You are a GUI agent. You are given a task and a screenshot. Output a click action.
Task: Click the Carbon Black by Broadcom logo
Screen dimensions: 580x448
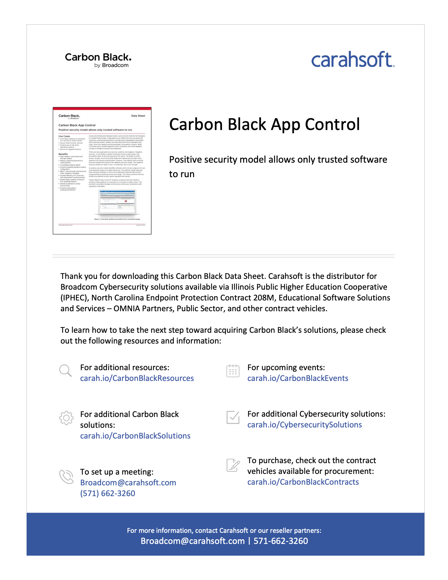point(98,60)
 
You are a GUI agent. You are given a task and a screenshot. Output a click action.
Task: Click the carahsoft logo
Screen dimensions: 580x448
point(353,60)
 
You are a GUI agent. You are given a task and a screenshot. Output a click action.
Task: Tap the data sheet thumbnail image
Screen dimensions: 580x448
point(102,171)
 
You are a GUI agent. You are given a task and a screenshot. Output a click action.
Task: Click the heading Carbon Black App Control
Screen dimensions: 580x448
point(264,124)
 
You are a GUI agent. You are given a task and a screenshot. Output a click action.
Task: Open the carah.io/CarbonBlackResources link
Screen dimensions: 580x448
point(137,378)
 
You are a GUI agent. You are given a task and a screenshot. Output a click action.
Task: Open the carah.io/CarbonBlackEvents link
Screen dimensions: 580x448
point(298,378)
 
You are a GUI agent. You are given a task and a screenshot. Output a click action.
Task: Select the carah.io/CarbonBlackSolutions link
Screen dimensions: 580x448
point(135,436)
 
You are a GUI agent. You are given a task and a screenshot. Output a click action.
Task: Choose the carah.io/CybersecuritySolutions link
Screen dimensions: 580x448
point(305,425)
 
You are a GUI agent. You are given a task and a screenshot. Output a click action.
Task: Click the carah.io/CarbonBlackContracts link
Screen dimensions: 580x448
point(303,482)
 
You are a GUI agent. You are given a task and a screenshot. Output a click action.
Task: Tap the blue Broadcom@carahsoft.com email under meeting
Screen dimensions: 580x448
point(128,483)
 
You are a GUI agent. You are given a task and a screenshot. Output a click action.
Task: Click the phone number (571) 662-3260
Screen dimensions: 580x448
point(107,493)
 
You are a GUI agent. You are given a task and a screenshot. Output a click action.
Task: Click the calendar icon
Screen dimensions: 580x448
point(233,371)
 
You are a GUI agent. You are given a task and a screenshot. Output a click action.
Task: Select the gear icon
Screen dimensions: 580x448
point(66,418)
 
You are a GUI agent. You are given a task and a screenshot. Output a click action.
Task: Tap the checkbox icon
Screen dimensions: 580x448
point(233,417)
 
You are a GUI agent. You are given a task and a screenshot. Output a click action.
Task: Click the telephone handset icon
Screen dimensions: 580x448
point(66,477)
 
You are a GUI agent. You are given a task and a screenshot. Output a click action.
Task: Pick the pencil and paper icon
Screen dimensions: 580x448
point(233,465)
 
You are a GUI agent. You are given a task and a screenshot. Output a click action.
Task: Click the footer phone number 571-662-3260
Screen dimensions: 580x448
point(281,541)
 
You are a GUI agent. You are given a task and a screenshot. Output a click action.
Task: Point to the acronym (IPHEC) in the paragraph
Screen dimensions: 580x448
point(75,298)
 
